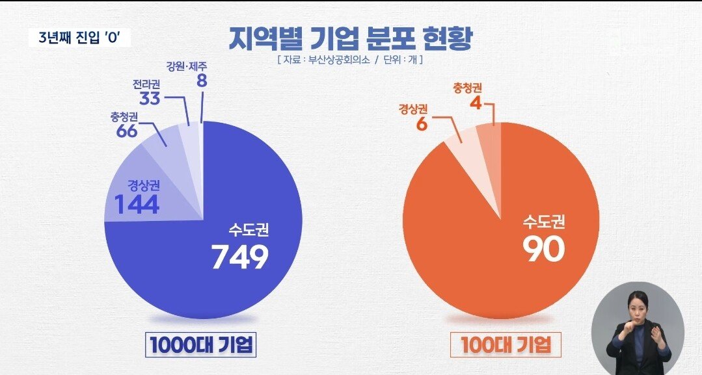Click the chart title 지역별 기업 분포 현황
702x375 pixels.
pyautogui.click(x=351, y=38)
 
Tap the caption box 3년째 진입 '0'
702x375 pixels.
pyautogui.click(x=80, y=38)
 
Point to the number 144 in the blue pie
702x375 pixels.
pyautogui.click(x=137, y=203)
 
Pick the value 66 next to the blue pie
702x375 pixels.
pyautogui.click(x=127, y=130)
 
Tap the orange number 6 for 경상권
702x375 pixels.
pyautogui.click(x=421, y=123)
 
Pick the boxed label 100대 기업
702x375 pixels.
pyautogui.click(x=505, y=345)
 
